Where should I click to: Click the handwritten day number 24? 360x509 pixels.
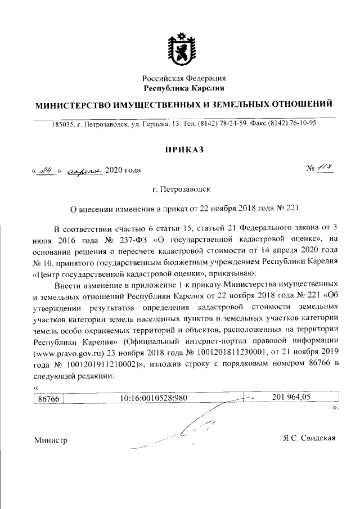coord(46,170)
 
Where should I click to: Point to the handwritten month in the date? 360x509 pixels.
coord(84,170)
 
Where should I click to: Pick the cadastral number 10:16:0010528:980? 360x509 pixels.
coord(154,399)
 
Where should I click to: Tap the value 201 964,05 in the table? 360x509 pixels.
coord(291,398)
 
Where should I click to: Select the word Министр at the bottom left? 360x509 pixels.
coord(51,440)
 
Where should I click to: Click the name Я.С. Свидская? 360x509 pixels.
coord(310,438)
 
